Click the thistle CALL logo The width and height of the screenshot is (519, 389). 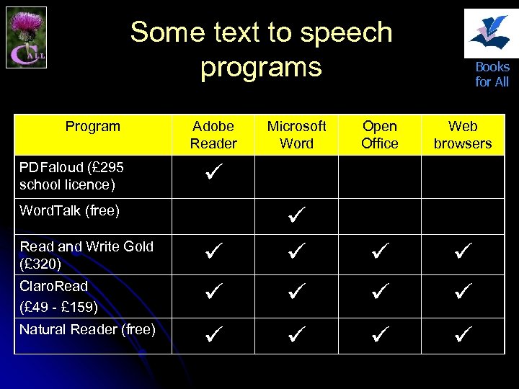point(26,37)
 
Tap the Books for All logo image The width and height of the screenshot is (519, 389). point(487,32)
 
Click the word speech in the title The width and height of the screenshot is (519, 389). point(347,32)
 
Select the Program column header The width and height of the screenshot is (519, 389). point(92,127)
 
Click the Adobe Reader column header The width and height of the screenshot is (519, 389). point(213,135)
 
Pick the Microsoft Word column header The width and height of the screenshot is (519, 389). point(296,135)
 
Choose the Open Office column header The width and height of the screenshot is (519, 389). point(379,135)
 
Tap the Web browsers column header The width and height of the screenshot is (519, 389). point(462,135)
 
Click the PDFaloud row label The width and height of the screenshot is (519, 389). point(71,176)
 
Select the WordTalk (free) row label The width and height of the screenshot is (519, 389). point(69,211)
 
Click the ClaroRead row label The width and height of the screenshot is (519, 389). point(58,296)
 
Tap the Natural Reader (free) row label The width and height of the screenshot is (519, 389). point(87,330)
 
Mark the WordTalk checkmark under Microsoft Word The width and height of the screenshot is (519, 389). point(296,214)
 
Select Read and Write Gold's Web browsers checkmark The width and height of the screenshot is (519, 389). point(462,253)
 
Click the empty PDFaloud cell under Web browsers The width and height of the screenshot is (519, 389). point(462,176)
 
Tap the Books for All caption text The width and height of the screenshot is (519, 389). point(492,74)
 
